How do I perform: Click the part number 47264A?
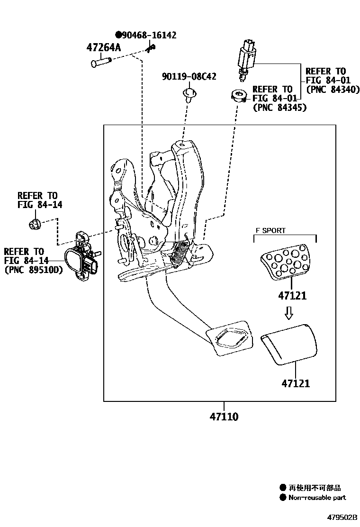coord(104,47)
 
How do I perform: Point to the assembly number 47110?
coord(224,417)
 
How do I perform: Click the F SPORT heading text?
coord(270,231)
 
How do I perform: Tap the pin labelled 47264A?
coord(100,62)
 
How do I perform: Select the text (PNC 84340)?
coord(333,89)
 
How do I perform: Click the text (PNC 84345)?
coord(279,108)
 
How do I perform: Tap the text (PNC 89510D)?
coord(33,270)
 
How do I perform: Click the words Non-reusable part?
coord(317,497)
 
